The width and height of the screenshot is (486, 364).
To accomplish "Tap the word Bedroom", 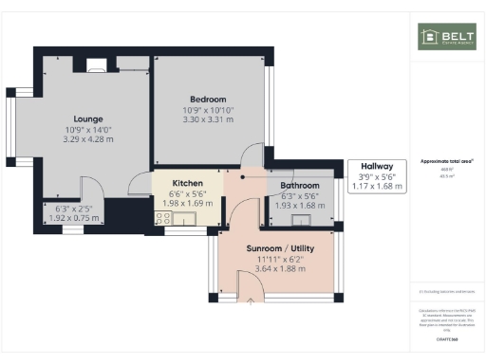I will tap(207, 100).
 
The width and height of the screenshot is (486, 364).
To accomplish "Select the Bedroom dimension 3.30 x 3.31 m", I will tap(207, 120).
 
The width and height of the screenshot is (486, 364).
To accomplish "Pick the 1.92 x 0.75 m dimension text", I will tap(73, 217).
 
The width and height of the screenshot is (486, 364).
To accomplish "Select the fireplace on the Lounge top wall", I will tap(96, 66).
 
